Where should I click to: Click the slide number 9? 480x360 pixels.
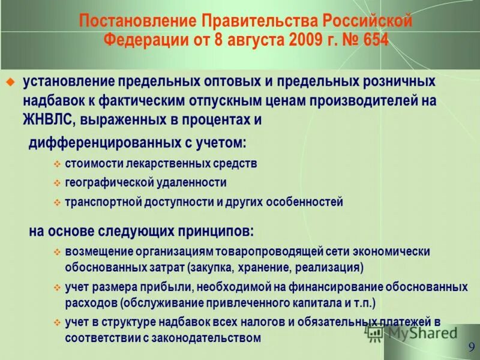click(x=472, y=347)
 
